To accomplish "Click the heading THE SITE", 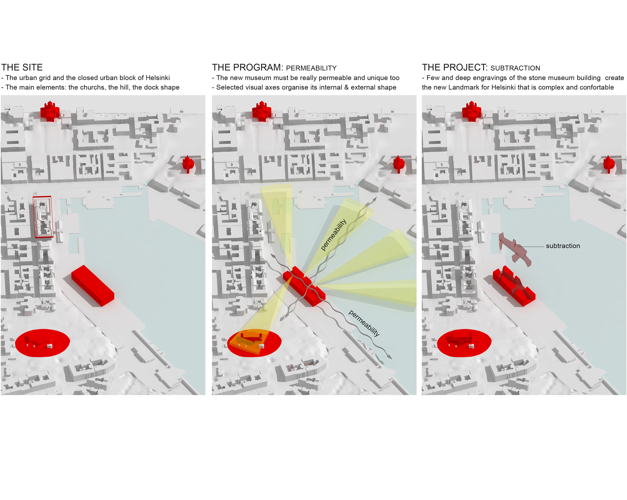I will tap(22, 67).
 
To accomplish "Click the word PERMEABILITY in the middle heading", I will tap(311, 68).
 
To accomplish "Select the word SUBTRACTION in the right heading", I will tap(515, 68).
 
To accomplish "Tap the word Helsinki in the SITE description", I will tap(158, 78).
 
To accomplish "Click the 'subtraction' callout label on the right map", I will tap(563, 246).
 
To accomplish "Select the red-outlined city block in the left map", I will tap(43, 217).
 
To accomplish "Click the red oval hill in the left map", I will tap(42, 343).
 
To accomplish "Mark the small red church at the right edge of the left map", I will tap(188, 164).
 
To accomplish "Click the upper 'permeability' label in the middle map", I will tap(334, 235).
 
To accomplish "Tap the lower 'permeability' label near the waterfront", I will tap(364, 323).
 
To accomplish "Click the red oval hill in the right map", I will tap(464, 343).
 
